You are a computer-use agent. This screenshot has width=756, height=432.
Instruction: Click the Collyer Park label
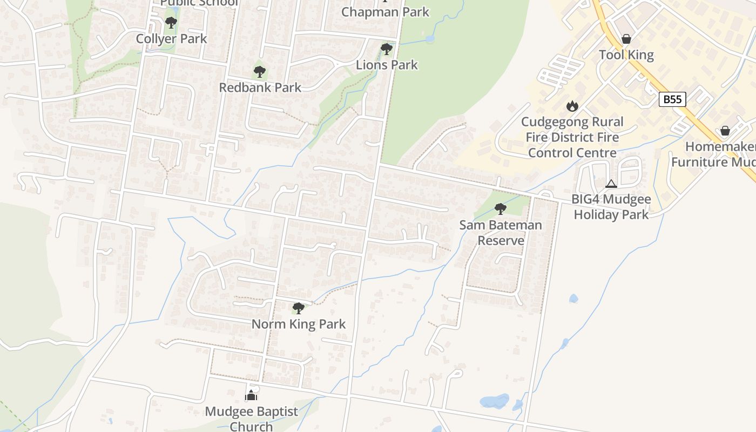(171, 39)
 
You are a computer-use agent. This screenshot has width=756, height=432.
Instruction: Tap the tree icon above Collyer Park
(171, 23)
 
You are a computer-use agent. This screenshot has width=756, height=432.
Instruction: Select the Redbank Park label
(260, 87)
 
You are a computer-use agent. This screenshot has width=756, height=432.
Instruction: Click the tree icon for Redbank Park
(260, 71)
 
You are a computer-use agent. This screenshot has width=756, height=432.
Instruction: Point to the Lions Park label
(387, 65)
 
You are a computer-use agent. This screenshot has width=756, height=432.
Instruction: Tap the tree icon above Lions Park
(386, 49)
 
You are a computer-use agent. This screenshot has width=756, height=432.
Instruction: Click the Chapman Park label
(385, 12)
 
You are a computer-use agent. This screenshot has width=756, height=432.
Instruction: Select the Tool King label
(626, 55)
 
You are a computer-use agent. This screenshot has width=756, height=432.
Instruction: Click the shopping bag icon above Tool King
(626, 39)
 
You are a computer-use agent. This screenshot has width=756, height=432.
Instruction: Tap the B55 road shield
(672, 99)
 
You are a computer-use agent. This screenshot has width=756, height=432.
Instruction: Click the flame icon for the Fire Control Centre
(572, 106)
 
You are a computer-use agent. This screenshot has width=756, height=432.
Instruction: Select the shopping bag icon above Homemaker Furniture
(725, 131)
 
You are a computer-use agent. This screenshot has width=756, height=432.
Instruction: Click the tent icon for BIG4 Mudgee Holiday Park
(611, 184)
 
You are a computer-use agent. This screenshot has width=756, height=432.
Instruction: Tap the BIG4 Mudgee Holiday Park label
(611, 207)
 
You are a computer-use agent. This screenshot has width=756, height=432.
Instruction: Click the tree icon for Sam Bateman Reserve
(501, 208)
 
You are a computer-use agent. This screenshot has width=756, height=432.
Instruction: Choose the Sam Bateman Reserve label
(501, 232)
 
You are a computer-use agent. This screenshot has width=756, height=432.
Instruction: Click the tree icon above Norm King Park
(298, 308)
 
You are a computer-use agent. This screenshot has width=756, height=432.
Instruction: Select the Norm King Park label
(299, 324)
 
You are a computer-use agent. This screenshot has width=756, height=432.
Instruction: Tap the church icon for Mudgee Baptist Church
(251, 396)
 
